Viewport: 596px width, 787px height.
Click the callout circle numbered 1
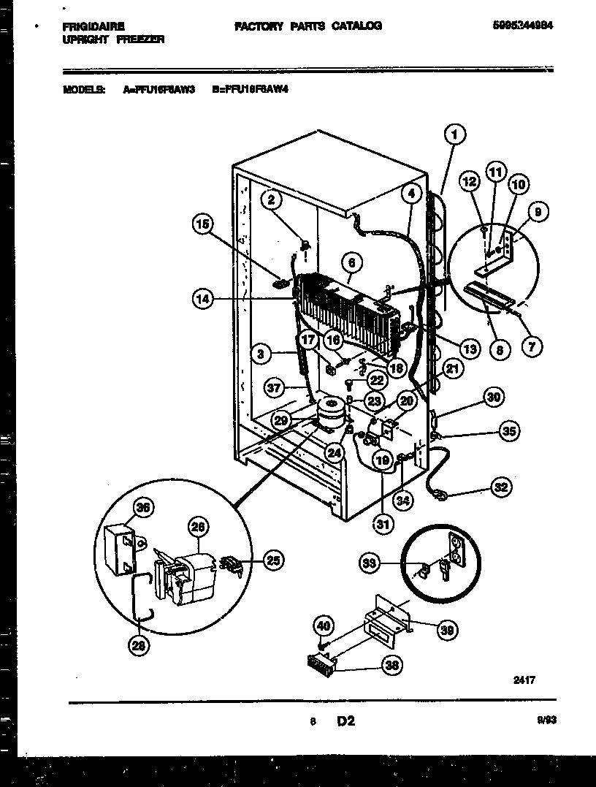click(x=454, y=134)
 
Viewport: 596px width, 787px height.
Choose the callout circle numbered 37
click(x=274, y=389)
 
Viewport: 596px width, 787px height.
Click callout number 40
click(x=324, y=626)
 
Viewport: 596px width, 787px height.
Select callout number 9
click(x=538, y=213)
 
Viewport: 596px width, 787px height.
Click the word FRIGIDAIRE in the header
click(x=88, y=26)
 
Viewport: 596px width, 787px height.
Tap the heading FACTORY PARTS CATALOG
click(x=307, y=26)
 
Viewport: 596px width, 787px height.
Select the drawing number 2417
click(x=524, y=680)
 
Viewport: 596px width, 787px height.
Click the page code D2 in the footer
click(x=345, y=721)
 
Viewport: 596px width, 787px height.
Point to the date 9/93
click(x=546, y=721)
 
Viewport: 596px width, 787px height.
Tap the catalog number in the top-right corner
click(x=529, y=25)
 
